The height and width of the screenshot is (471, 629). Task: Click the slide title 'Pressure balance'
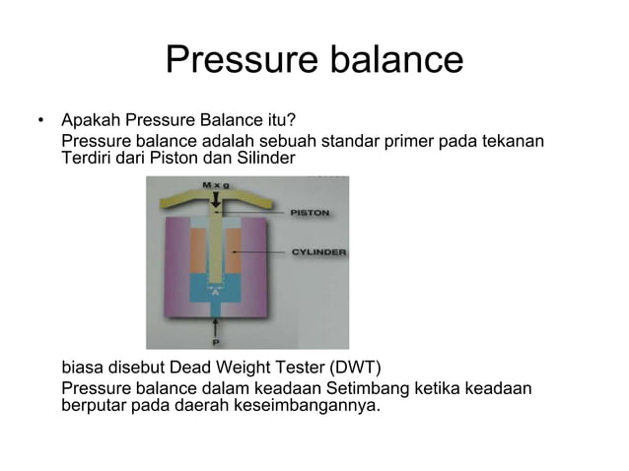click(314, 60)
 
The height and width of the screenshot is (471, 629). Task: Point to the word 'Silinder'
click(262, 159)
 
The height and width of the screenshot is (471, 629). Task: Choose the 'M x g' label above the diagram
click(216, 184)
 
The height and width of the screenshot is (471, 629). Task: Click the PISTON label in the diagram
click(310, 213)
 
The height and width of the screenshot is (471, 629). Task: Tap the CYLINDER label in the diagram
click(317, 252)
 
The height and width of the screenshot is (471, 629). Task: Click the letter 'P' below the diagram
click(216, 343)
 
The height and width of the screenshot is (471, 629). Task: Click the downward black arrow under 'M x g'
click(216, 198)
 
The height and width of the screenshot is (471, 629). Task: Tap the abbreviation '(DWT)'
click(350, 370)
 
